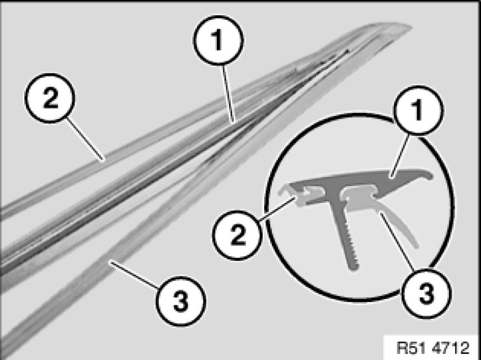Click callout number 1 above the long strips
click(218, 40)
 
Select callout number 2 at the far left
click(50, 98)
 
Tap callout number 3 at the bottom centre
click(181, 301)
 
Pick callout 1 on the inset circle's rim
click(419, 110)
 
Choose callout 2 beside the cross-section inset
click(237, 235)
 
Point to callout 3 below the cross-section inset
click(426, 293)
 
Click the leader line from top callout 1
click(228, 94)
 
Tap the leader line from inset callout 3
click(398, 242)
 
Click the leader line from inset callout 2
click(277, 209)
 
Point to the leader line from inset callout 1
click(400, 156)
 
